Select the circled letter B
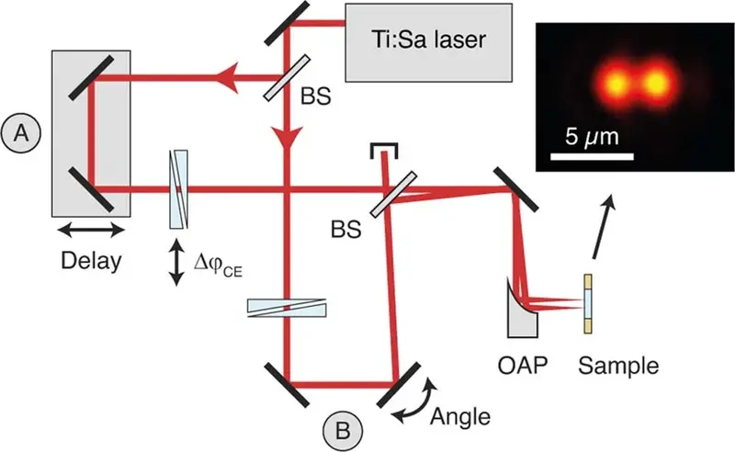pos(343,429)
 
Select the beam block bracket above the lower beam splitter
pos(382,148)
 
